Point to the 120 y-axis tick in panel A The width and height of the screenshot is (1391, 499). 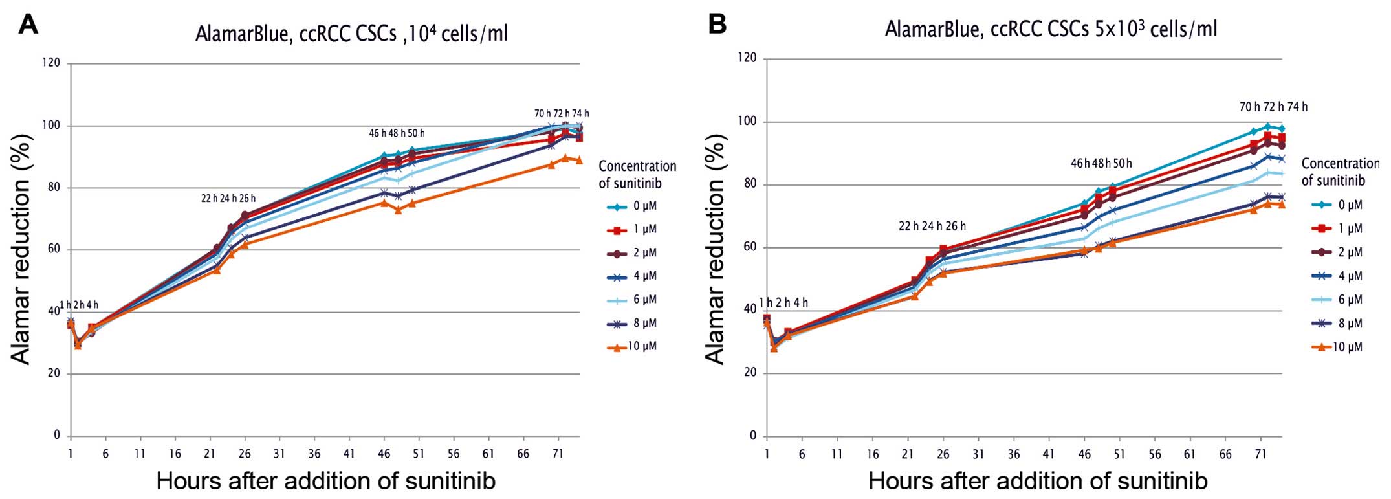(x=52, y=63)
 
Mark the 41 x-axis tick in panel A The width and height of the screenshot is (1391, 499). (x=349, y=454)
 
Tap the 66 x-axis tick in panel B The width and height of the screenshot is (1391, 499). (x=1225, y=454)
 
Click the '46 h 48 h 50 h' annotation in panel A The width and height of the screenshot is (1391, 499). (x=397, y=133)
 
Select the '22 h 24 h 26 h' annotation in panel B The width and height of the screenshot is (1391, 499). (x=932, y=226)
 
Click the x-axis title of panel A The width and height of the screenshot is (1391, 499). (x=325, y=481)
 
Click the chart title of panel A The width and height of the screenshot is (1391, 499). (x=351, y=33)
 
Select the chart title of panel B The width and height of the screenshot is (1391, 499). (x=1051, y=29)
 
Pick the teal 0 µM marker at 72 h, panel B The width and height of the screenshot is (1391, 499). (x=1267, y=126)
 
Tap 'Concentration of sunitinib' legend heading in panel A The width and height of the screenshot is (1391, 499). (x=637, y=175)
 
